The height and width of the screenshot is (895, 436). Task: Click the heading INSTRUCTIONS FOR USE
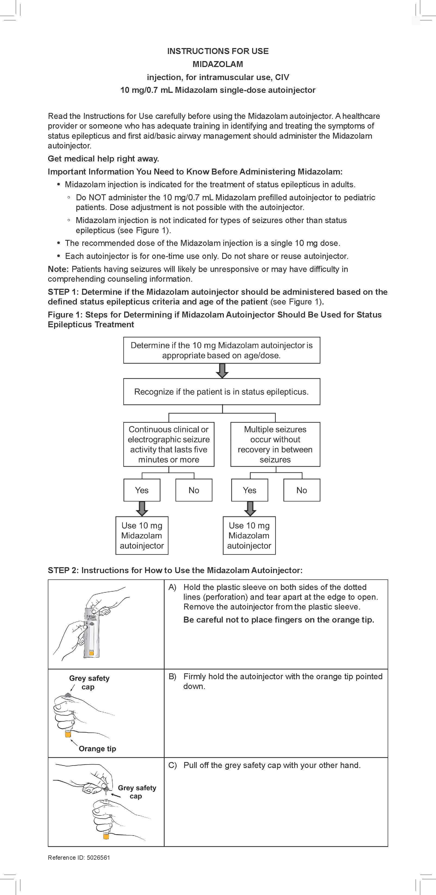218,51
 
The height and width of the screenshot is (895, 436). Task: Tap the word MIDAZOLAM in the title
218,64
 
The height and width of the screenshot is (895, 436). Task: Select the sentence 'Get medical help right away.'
103,159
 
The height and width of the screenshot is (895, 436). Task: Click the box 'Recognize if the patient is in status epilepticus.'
221,392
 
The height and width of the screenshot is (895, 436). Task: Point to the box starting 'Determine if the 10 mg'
221,350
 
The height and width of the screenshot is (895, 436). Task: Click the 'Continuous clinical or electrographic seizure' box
169,444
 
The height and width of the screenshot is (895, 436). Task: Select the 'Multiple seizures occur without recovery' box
275,444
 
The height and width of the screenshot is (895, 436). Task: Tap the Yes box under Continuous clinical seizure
142,490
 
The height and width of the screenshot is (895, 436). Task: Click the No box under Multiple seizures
302,490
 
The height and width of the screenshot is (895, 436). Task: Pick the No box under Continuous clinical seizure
194,490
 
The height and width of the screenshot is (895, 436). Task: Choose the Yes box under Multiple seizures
250,490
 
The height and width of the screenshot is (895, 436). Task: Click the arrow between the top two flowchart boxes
222,371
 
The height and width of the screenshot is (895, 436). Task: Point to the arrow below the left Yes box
142,509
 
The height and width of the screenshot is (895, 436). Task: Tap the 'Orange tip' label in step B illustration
97,749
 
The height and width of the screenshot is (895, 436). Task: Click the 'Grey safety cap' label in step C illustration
137,792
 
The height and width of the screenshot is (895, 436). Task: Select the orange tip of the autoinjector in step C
106,836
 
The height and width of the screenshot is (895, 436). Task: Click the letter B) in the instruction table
172,677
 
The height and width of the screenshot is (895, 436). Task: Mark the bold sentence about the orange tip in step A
278,620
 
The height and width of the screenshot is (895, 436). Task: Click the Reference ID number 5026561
98,858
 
